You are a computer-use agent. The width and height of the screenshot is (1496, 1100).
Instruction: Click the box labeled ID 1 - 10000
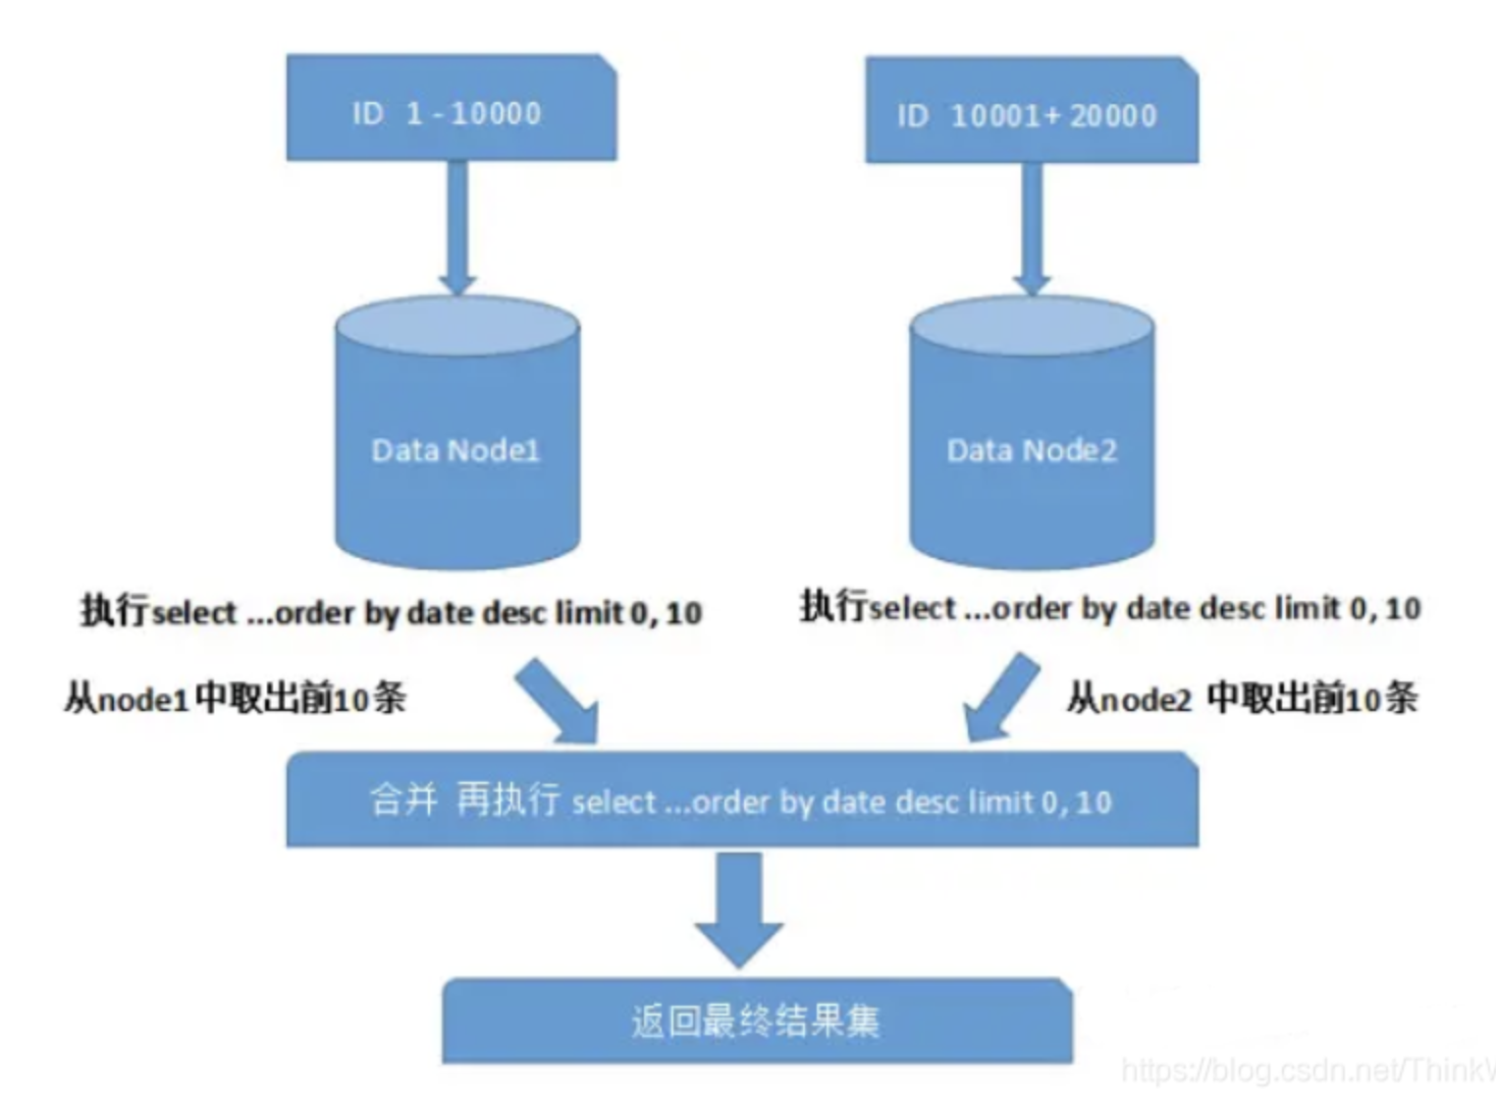coord(452,108)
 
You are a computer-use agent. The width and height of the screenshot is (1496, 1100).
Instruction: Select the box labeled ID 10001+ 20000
coord(1031,110)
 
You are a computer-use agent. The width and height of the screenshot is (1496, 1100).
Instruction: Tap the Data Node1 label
coord(455,450)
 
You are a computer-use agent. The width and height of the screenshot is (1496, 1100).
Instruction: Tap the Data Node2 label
coord(1032,450)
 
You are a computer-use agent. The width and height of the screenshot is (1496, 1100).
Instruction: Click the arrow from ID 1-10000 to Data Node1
coord(456,226)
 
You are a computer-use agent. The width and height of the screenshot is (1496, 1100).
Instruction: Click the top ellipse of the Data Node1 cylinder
coord(457,322)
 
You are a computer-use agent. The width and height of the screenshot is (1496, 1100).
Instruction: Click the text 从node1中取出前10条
coord(235,698)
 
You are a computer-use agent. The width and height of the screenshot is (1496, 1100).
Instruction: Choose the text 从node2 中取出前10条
coord(1242,698)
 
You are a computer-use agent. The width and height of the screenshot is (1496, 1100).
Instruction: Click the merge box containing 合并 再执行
coord(742,800)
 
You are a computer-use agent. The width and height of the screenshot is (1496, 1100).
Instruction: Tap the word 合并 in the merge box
coord(403,799)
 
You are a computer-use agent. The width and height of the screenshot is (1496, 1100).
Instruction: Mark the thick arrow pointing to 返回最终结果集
coord(739,908)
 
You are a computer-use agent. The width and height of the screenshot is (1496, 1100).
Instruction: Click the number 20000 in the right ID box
coord(1113,116)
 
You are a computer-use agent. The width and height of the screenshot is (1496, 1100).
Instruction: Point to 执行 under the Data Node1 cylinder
coord(114,611)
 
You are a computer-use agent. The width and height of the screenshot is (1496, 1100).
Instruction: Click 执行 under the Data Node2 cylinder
coord(833,606)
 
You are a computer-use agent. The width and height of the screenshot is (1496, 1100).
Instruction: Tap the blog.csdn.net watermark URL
coord(1306,1070)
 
